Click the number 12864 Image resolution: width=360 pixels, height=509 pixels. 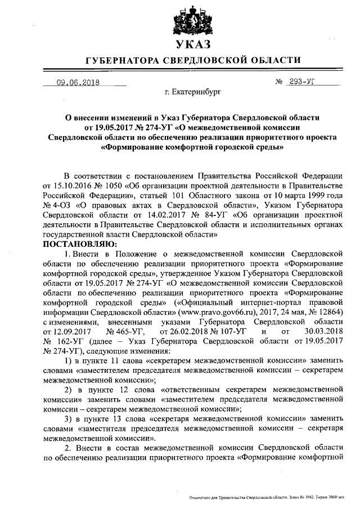pyautogui.click(x=329, y=311)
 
